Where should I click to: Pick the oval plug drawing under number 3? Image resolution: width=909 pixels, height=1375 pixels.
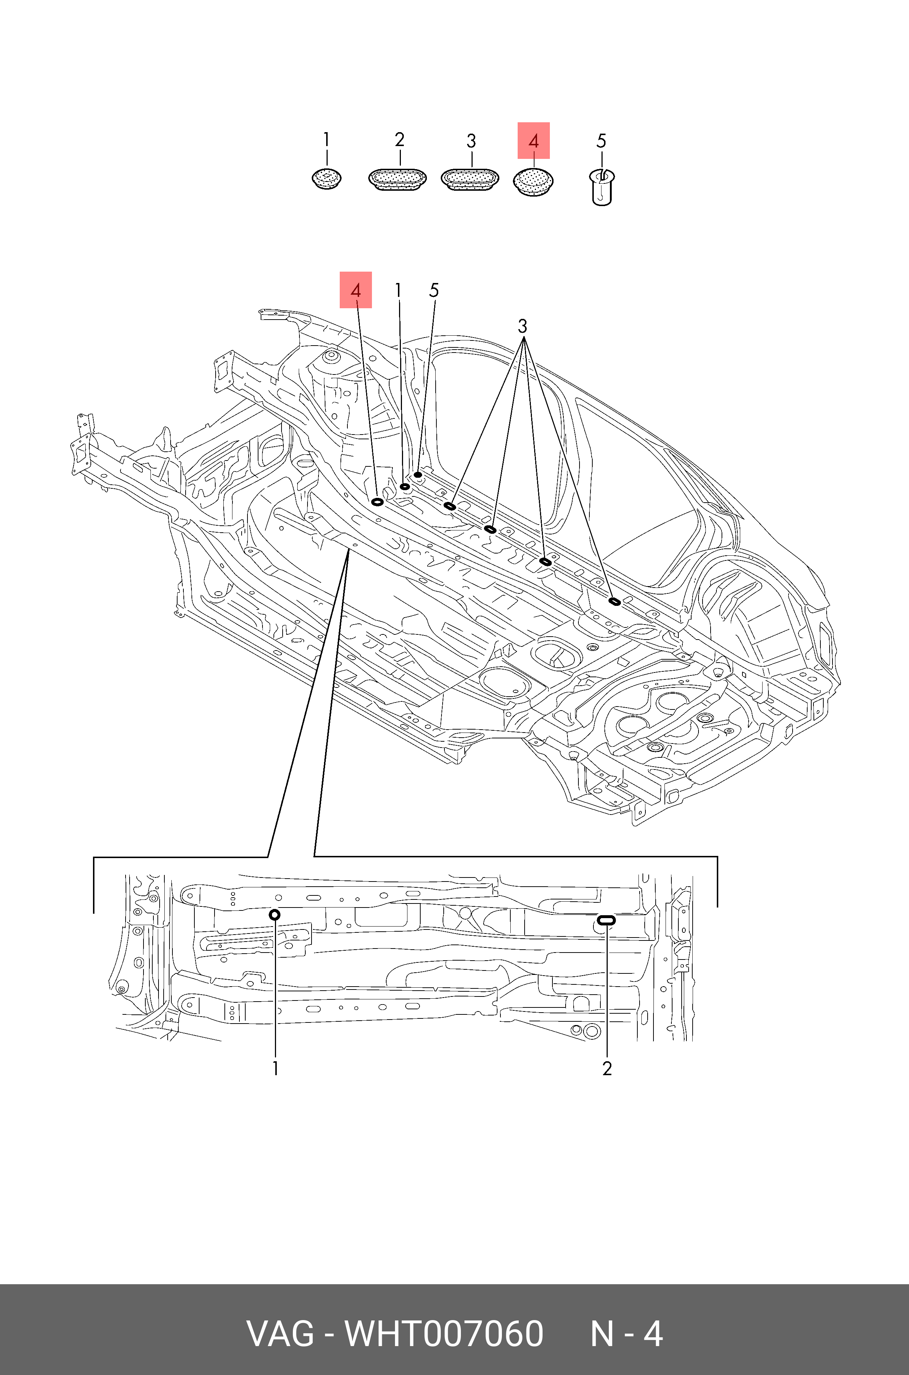click(470, 179)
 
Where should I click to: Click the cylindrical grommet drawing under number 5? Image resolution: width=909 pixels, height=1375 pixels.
click(602, 187)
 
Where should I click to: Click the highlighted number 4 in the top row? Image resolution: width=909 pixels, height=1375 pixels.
click(533, 141)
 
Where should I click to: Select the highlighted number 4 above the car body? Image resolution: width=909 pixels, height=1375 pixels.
click(355, 290)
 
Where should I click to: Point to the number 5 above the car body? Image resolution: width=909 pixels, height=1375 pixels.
click(433, 290)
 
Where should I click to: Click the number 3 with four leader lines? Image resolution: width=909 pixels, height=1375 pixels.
click(522, 326)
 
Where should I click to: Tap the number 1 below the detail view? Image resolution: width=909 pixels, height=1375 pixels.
click(275, 1068)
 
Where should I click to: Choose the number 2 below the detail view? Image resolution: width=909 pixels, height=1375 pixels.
click(607, 1068)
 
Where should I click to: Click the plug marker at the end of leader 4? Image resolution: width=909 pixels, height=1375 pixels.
click(377, 502)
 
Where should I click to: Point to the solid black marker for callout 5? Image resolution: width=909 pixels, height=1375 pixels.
click(418, 475)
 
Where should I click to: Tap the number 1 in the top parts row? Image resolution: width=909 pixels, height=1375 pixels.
click(327, 140)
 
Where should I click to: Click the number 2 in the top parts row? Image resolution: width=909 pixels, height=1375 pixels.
click(399, 140)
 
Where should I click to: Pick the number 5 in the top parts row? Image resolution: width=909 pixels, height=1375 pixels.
click(601, 141)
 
